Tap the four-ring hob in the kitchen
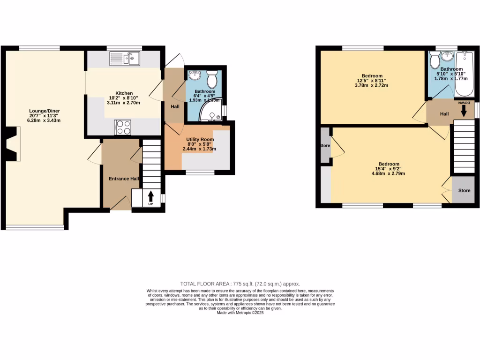123,126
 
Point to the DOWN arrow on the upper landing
464,111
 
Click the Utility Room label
200,140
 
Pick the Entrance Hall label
124,179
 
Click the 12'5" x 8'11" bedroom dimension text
372,81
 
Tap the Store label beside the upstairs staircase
464,191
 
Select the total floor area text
240,284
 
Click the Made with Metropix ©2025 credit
240,313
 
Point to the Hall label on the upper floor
444,114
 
